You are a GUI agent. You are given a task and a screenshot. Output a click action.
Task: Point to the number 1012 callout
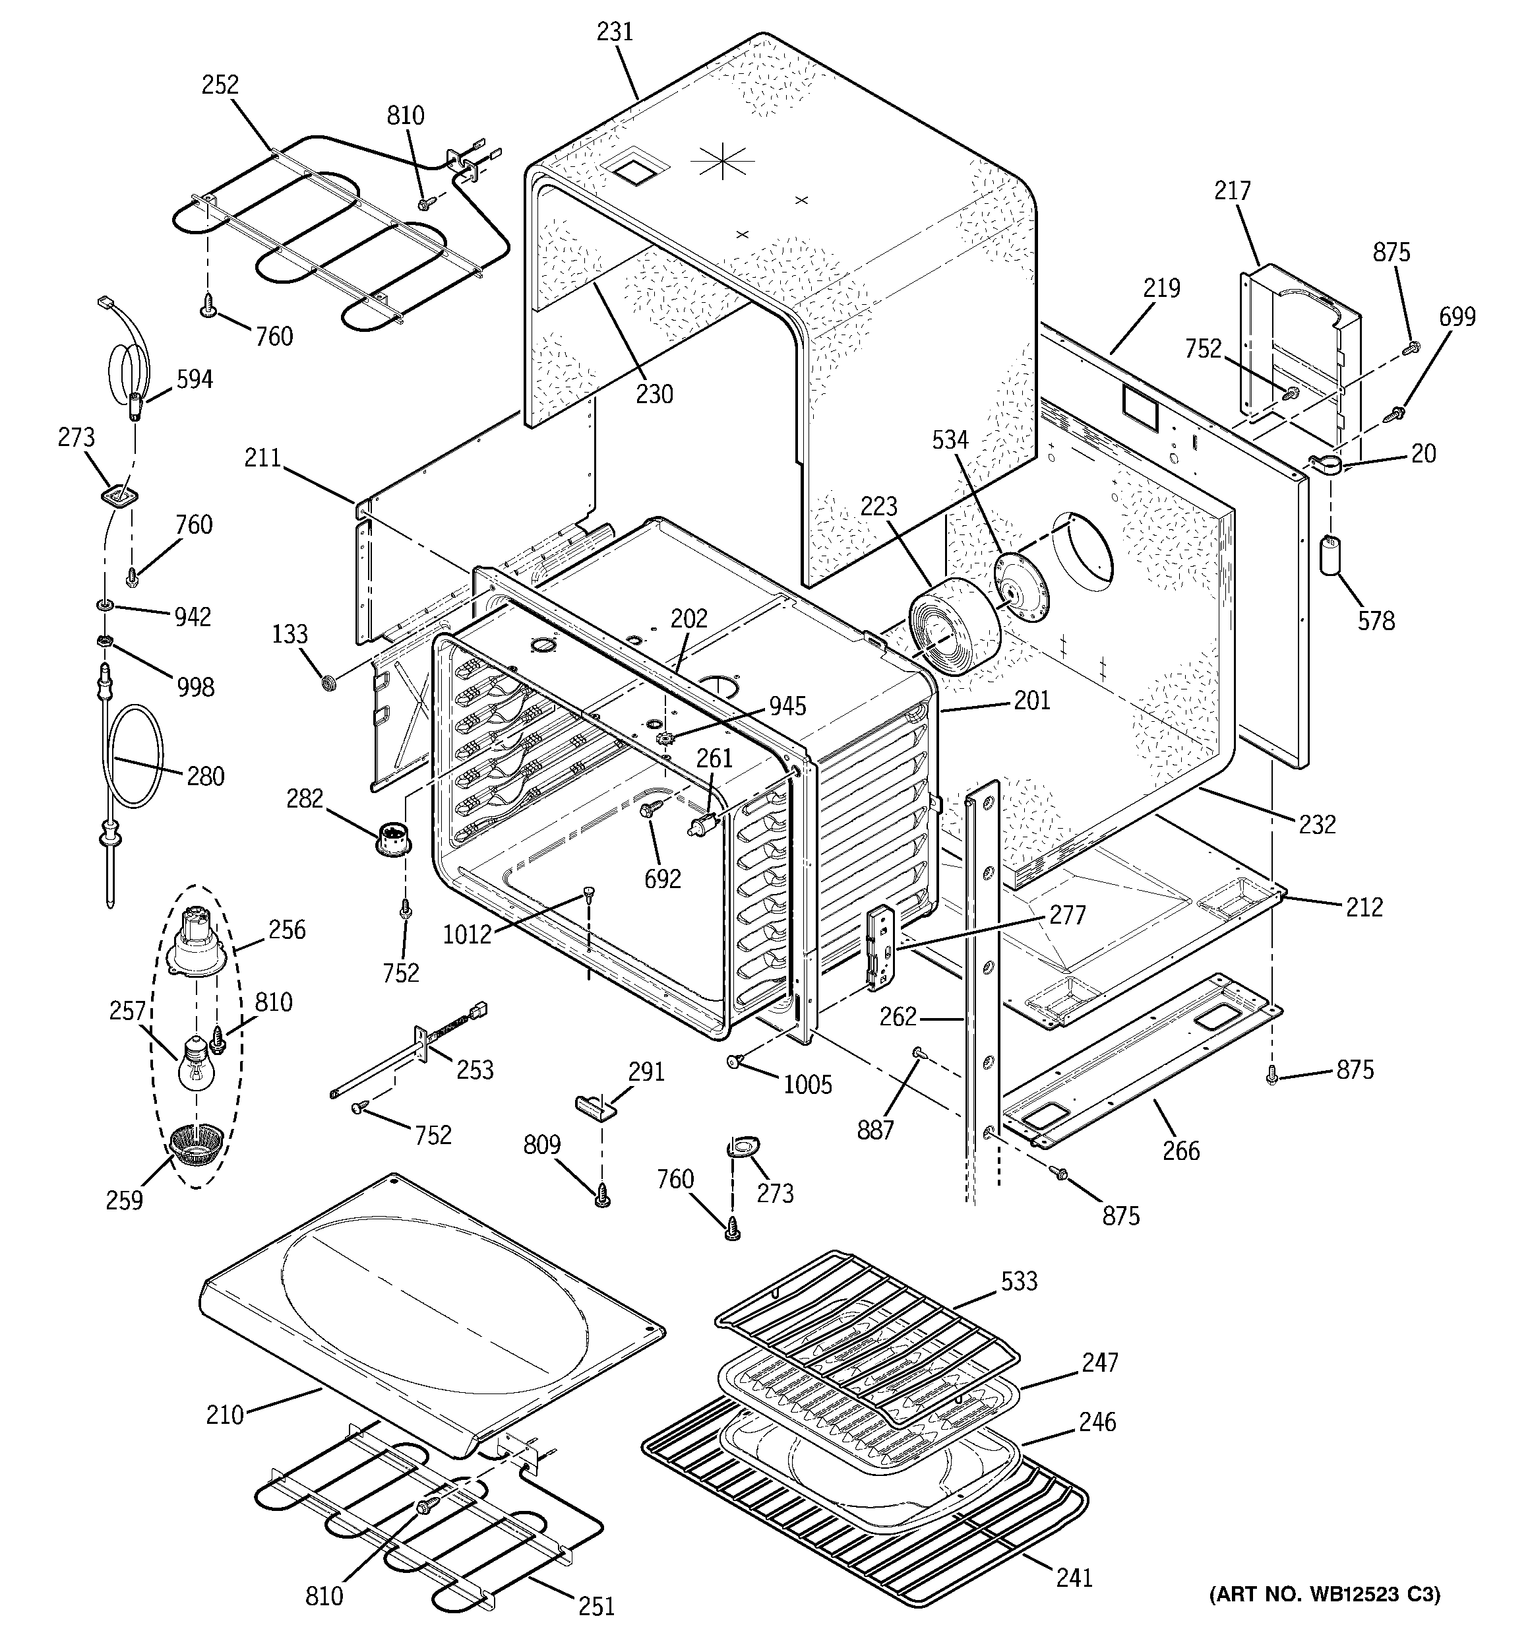click(466, 934)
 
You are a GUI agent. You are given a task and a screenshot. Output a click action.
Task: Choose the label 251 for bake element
click(596, 1605)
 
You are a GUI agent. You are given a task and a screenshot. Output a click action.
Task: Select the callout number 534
click(950, 440)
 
